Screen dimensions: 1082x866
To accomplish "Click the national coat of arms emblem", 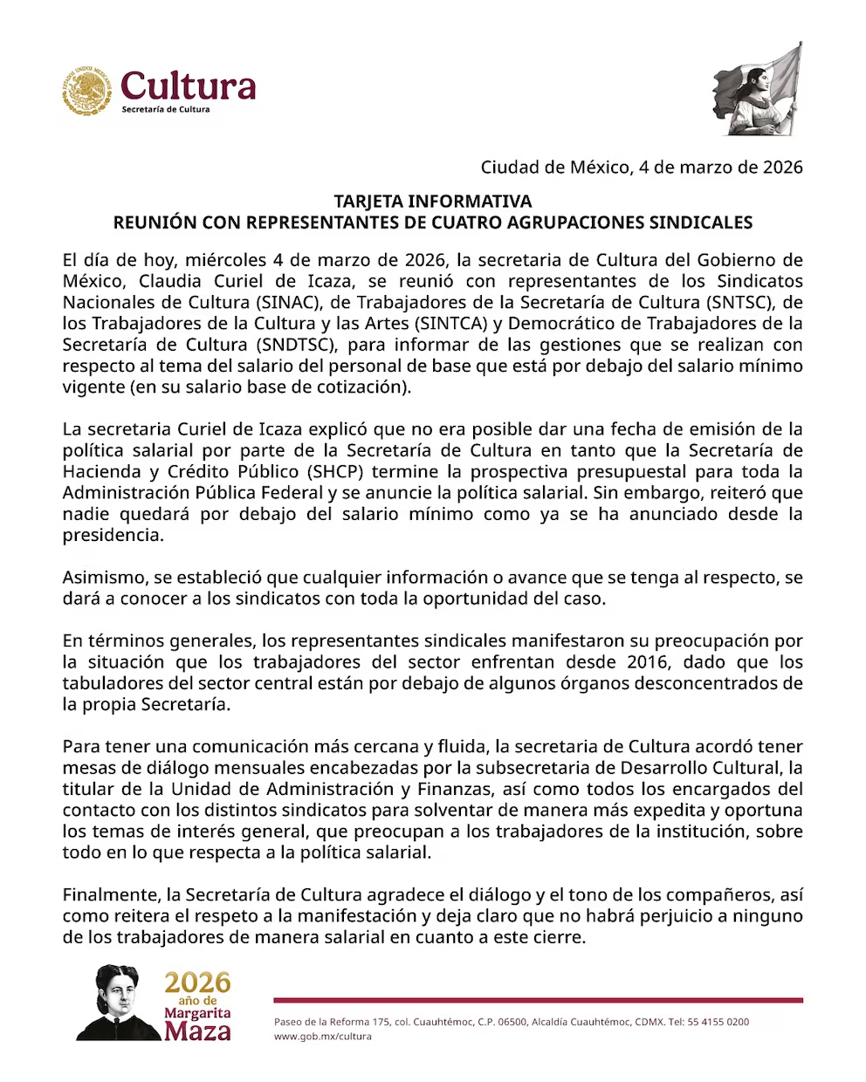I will [87, 91].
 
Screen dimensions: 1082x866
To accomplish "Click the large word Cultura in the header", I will [189, 86].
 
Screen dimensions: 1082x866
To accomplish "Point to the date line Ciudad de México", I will [642, 167].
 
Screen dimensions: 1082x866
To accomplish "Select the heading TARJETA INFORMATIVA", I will [432, 202].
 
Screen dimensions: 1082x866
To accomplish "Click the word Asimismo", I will [102, 578].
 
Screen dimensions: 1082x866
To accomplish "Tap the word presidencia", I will [113, 536].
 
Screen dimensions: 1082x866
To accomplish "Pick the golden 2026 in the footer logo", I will [198, 983].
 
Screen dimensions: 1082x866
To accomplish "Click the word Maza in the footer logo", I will [198, 1032].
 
